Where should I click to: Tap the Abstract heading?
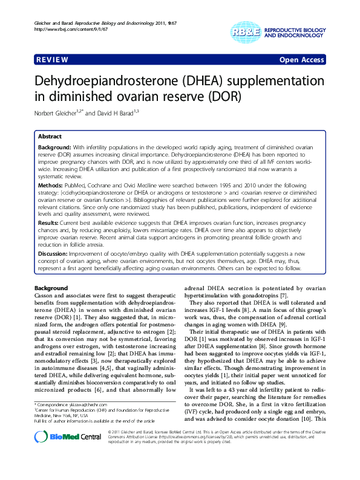(50, 137)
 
